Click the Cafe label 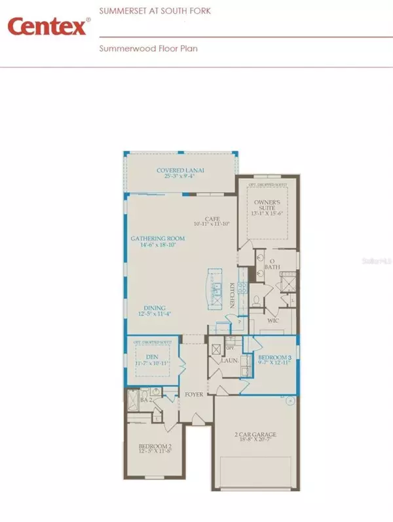(x=211, y=220)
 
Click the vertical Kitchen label (x=232, y=295)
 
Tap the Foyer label (x=191, y=395)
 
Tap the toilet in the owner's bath (x=256, y=301)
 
